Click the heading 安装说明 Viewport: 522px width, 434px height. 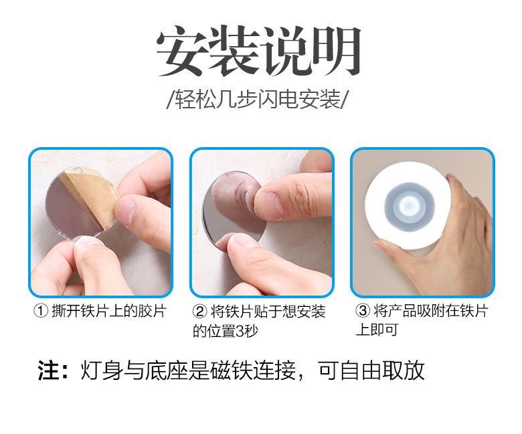tap(259, 51)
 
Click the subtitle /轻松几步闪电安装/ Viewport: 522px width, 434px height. tap(258, 99)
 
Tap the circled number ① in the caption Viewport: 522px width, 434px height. tap(41, 311)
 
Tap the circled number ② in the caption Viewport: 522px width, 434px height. tap(200, 312)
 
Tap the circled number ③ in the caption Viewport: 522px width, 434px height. tap(363, 310)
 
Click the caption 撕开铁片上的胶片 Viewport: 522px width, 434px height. tap(109, 311)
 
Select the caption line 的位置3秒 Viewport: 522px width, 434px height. tap(226, 331)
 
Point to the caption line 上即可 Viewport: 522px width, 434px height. tap(377, 330)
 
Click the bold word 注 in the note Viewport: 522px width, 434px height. tap(49, 370)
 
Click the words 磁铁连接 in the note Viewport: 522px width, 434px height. tap(253, 370)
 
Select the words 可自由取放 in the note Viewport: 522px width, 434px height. tap(371, 370)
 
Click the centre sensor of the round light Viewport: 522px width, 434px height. tap(410, 205)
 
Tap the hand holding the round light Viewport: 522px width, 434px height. tap(456, 239)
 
